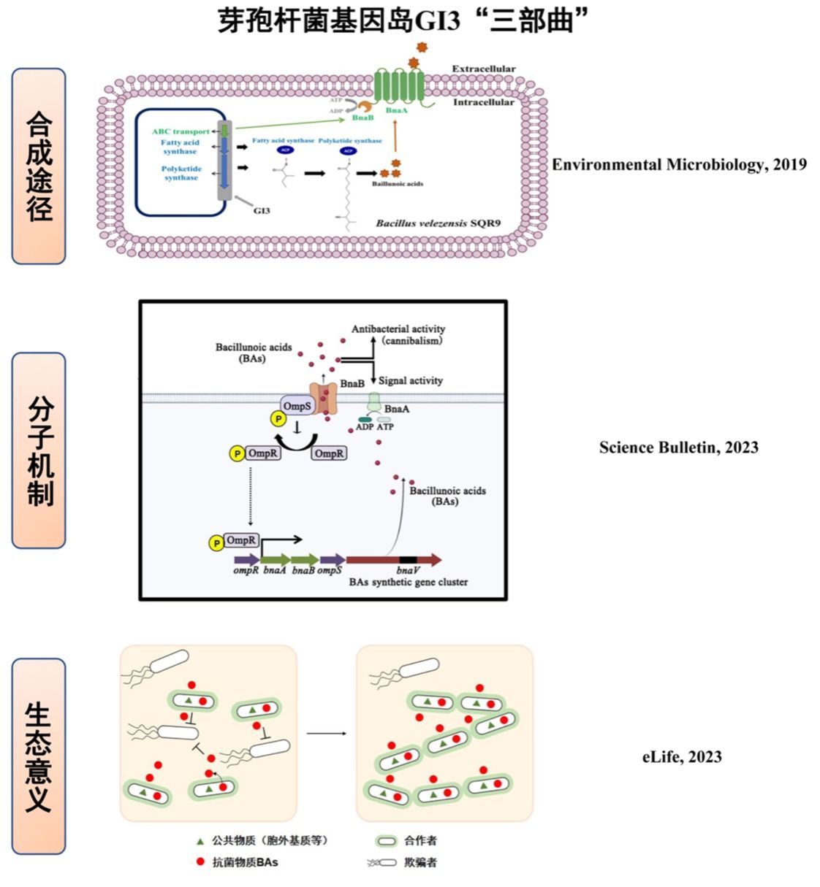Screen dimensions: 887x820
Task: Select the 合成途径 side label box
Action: [39, 166]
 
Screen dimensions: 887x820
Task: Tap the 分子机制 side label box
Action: [39, 450]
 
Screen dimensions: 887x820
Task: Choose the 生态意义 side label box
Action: [39, 756]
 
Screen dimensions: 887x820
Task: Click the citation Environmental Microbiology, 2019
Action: [679, 164]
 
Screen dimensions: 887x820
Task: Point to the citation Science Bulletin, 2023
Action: [678, 448]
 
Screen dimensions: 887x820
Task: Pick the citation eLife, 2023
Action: [681, 757]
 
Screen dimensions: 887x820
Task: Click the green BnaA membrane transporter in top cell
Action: [398, 86]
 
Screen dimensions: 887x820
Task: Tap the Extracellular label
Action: [483, 69]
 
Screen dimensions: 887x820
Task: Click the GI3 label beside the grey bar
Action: [262, 210]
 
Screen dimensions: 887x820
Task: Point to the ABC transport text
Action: [180, 131]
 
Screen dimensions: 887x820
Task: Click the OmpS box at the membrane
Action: [297, 406]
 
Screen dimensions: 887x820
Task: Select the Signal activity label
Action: [410, 380]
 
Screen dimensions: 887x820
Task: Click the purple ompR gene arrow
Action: [246, 560]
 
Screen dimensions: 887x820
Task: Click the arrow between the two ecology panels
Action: [326, 733]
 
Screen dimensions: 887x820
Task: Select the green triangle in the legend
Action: [200, 841]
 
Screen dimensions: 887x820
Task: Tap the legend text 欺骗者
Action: [420, 862]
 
